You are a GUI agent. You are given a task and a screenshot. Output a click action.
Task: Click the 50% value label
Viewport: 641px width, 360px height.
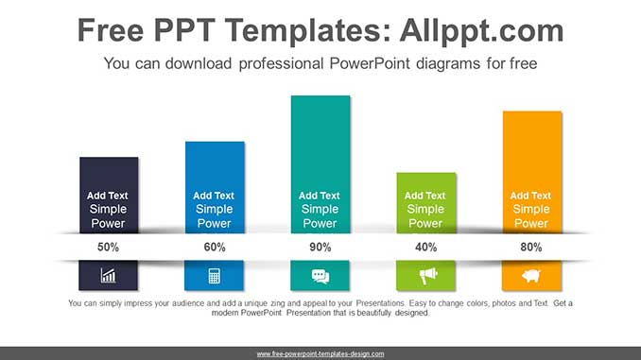click(108, 248)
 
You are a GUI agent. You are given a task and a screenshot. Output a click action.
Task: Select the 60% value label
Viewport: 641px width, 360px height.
click(215, 248)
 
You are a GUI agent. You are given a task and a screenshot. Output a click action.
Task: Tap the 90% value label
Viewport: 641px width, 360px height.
click(320, 248)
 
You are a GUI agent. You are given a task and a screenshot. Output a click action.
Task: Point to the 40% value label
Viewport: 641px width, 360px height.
click(426, 248)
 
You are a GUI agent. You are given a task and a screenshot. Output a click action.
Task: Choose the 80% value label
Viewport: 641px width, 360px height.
click(531, 248)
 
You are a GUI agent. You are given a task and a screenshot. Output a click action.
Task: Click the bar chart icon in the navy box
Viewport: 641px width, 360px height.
click(109, 276)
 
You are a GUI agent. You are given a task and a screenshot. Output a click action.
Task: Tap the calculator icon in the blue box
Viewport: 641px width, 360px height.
click(215, 276)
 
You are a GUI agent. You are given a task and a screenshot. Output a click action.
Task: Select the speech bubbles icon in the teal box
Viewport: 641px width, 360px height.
click(320, 276)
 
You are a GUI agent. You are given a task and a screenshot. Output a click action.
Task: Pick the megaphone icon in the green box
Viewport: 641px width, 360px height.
click(428, 276)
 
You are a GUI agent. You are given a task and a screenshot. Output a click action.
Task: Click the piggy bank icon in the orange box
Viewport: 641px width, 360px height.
click(531, 276)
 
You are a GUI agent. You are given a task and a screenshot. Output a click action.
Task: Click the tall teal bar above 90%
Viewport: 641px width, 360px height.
click(320, 164)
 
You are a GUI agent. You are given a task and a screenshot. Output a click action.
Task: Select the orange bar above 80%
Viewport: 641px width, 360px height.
click(532, 172)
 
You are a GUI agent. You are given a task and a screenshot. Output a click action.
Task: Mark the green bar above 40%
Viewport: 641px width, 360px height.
click(426, 203)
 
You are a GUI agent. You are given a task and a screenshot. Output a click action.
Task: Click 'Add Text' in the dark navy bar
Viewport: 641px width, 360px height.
click(108, 196)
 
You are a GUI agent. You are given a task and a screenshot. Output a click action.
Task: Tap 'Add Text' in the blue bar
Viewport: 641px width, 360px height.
click(214, 196)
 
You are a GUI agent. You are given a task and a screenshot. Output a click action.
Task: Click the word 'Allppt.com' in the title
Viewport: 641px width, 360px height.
click(481, 30)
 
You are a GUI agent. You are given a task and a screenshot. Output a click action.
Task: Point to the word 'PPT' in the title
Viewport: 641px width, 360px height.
click(184, 30)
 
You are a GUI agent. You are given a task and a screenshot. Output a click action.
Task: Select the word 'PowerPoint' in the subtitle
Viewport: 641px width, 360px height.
click(369, 63)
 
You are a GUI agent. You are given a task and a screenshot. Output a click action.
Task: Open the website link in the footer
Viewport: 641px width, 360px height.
click(320, 354)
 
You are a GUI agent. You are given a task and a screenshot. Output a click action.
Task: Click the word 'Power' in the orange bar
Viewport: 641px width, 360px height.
click(531, 224)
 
